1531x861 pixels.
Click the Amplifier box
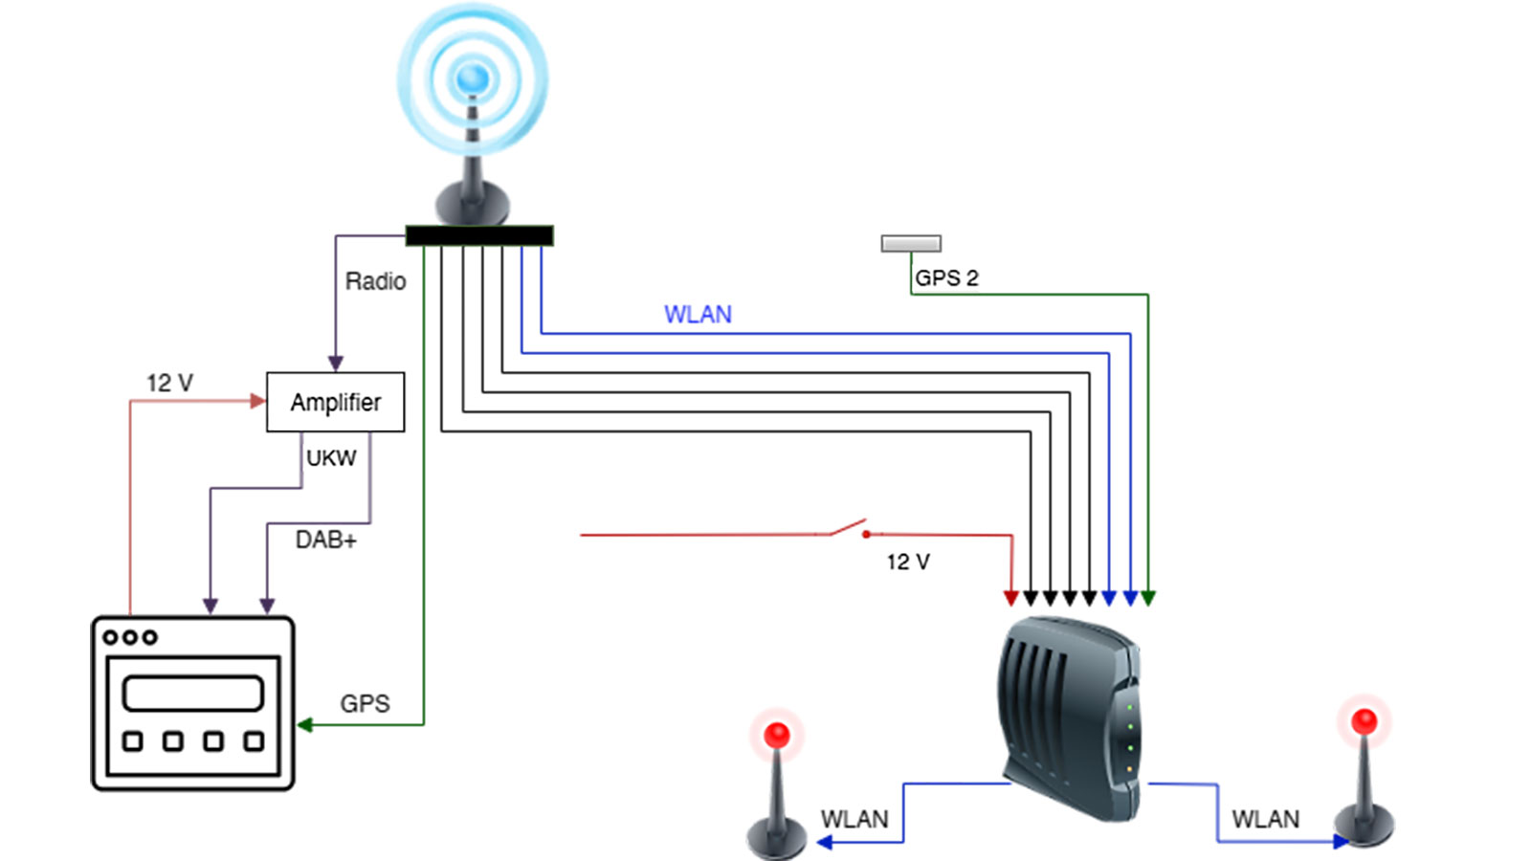click(335, 402)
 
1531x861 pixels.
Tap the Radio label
click(375, 281)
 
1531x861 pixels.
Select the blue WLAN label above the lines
click(698, 315)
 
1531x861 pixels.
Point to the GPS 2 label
click(946, 278)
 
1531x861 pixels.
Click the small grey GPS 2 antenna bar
click(911, 244)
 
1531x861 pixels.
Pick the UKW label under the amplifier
click(331, 458)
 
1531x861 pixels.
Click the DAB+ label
click(325, 541)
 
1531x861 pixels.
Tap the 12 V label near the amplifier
click(169, 383)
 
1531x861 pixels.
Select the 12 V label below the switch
click(908, 563)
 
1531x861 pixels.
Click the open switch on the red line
click(849, 528)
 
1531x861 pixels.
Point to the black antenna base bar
click(479, 235)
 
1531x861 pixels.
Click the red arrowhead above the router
click(1011, 598)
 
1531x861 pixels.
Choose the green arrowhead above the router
click(1148, 598)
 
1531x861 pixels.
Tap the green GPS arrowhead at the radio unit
click(305, 724)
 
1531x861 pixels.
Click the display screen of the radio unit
click(193, 693)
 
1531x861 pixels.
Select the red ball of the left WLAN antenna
click(777, 735)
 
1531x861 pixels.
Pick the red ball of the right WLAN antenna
click(1365, 721)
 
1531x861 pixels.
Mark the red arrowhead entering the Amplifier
click(257, 401)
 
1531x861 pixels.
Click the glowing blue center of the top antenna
click(473, 78)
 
